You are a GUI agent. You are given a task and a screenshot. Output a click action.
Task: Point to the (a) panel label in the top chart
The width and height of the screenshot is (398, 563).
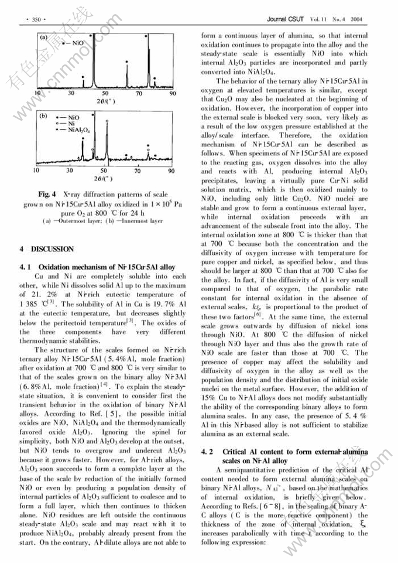point(43,37)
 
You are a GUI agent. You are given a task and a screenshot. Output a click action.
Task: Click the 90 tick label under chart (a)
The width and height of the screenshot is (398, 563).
point(172,93)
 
